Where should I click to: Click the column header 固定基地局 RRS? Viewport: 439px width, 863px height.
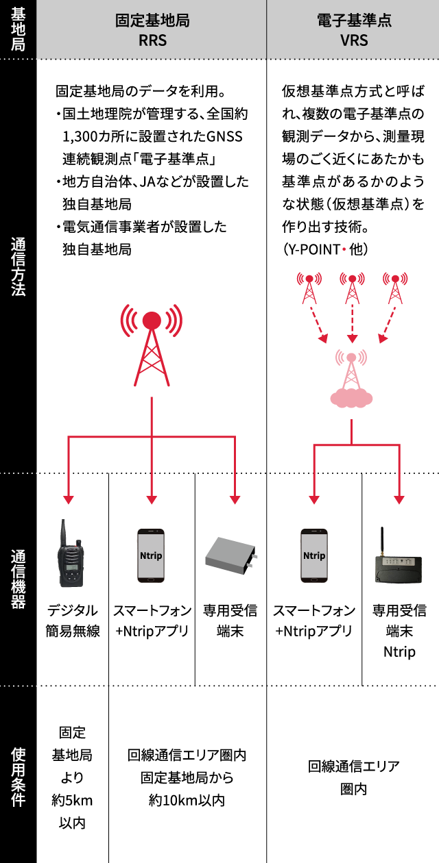point(152,29)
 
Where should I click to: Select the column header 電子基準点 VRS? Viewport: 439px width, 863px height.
point(353,29)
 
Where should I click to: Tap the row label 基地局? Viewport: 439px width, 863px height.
point(19,29)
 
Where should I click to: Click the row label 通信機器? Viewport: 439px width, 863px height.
point(19,579)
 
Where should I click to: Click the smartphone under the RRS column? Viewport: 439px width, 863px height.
point(151,555)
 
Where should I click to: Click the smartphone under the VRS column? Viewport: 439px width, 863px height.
point(314,555)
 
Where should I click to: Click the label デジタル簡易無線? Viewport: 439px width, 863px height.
point(73,621)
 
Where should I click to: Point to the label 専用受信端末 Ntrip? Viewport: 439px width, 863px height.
point(399,631)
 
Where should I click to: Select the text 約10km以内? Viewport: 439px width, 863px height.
point(187,799)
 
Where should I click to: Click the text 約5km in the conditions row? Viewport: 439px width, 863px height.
point(73,799)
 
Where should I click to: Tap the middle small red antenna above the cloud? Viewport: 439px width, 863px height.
point(352,288)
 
